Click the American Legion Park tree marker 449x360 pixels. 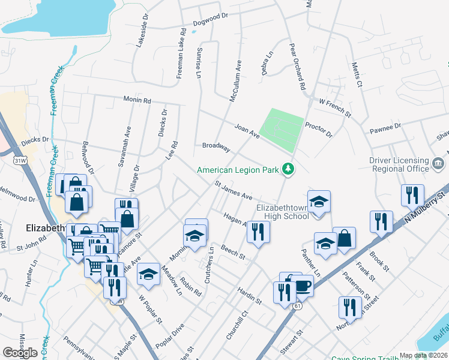pyautogui.click(x=289, y=170)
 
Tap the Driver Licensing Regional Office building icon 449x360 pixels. pyautogui.click(x=438, y=163)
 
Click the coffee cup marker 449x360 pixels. pyautogui.click(x=303, y=286)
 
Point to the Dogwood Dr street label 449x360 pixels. pyautogui.click(x=211, y=24)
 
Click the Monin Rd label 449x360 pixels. pyautogui.click(x=137, y=99)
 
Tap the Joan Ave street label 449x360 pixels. pyautogui.click(x=247, y=131)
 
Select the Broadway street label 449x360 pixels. pyautogui.click(x=216, y=146)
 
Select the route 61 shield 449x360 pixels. pyautogui.click(x=297, y=306)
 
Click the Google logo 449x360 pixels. pyautogui.click(x=20, y=352)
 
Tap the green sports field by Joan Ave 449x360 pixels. pyautogui.click(x=285, y=129)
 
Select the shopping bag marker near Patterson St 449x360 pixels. pyautogui.click(x=345, y=238)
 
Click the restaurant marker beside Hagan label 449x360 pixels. pyautogui.click(x=258, y=231)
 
